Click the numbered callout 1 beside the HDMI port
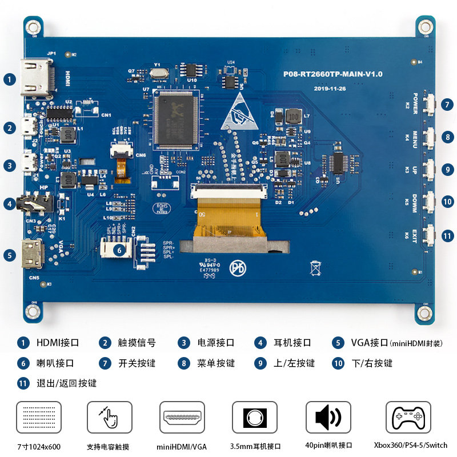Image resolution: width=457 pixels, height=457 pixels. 10,79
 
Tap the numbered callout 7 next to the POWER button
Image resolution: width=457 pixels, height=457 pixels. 448,105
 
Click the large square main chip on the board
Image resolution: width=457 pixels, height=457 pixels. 175,117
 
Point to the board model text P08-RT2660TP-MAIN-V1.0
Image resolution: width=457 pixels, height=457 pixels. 333,74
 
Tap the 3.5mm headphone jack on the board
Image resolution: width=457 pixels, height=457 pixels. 35,203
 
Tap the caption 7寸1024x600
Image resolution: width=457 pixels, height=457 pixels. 39,446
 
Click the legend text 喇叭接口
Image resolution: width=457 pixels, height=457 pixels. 55,363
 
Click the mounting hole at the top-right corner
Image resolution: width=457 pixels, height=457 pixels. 425,27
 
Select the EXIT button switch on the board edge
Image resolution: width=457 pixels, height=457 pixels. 430,235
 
